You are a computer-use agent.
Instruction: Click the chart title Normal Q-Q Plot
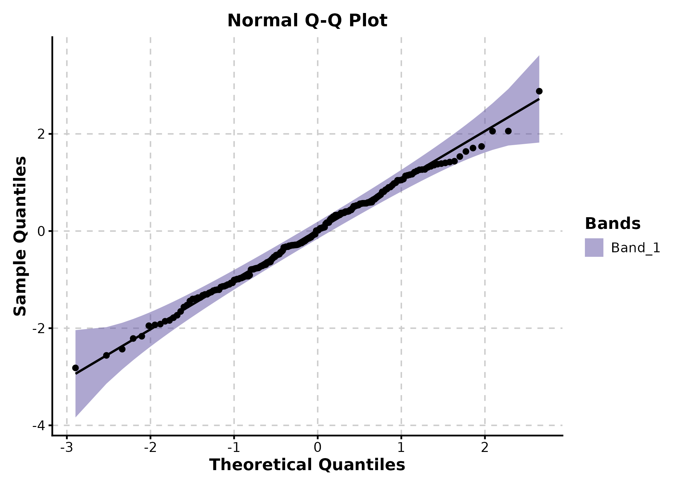click(307, 21)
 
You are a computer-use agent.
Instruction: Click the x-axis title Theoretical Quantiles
click(307, 465)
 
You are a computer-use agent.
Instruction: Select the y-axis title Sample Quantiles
click(20, 236)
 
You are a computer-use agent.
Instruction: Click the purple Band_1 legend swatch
click(594, 248)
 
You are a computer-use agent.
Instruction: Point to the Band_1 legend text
click(636, 248)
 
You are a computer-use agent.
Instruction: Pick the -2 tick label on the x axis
click(150, 448)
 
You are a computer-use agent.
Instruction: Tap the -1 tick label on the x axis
click(234, 448)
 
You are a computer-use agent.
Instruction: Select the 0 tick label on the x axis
click(318, 448)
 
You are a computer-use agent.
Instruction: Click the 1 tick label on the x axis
click(401, 448)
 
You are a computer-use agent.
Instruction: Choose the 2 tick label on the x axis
click(485, 448)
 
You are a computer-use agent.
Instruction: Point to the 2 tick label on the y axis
click(41, 134)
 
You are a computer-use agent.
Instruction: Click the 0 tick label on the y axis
click(41, 231)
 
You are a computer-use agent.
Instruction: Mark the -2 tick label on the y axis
click(38, 329)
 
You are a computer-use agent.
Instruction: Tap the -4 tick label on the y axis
click(38, 425)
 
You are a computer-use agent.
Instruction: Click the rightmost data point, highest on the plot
click(539, 91)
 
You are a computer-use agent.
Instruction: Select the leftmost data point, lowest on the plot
click(75, 368)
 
